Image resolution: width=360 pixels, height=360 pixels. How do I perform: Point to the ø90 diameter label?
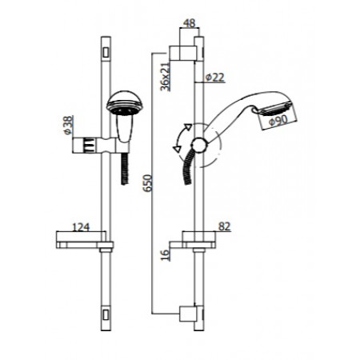tap(279, 120)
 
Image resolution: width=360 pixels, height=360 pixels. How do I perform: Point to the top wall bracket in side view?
tap(186, 53)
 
